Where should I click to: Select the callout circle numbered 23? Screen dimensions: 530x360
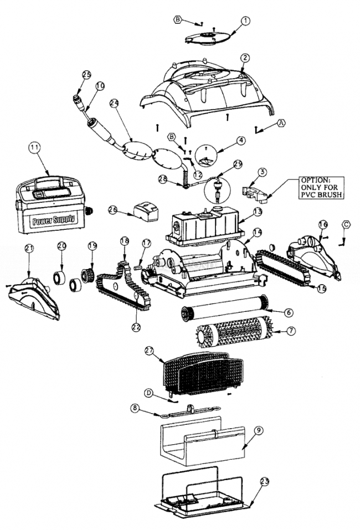pyautogui.click(x=264, y=482)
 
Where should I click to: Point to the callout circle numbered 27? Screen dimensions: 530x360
pyautogui.click(x=148, y=351)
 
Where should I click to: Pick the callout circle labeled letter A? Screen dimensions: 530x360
pyautogui.click(x=281, y=124)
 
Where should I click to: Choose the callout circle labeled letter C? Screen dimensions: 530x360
pyautogui.click(x=346, y=225)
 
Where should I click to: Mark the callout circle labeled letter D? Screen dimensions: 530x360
pyautogui.click(x=148, y=392)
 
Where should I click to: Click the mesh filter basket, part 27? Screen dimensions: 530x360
pyautogui.click(x=202, y=374)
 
